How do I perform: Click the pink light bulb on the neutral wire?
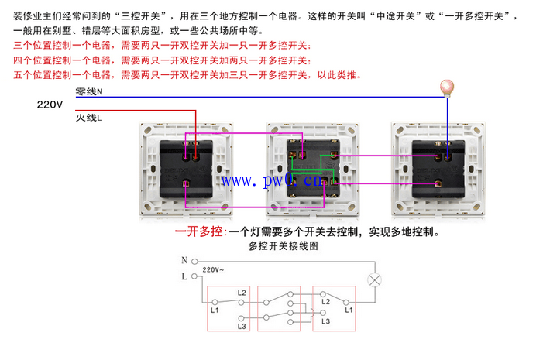[x=447, y=88]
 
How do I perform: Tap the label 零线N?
[x=89, y=91]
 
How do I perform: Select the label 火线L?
[x=89, y=118]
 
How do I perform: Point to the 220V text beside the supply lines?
[x=50, y=105]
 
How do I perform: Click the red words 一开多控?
[x=199, y=231]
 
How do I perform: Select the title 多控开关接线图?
[x=284, y=245]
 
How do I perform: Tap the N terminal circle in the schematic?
[x=194, y=262]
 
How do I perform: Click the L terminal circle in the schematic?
[x=194, y=276]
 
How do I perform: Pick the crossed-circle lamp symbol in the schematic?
[x=374, y=280]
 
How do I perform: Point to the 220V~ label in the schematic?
[x=213, y=269]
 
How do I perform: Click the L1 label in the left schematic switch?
[x=215, y=310]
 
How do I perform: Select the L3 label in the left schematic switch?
[x=242, y=326]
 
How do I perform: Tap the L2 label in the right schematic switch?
[x=325, y=301]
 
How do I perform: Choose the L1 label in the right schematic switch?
[x=349, y=310]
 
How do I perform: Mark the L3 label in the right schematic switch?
[x=325, y=321]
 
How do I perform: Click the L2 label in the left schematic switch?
[x=242, y=293]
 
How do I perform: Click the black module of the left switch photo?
[x=187, y=169]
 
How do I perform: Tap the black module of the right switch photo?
[x=438, y=169]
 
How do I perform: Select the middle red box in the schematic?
[x=279, y=308]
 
